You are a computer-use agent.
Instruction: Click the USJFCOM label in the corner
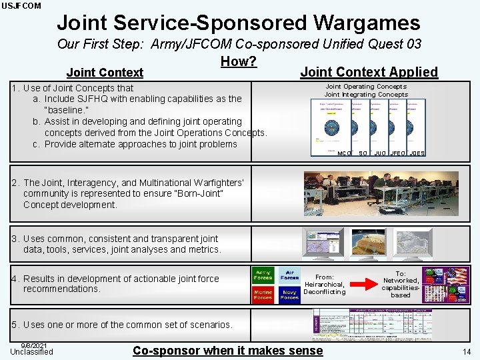coord(21,6)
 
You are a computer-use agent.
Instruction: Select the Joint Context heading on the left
coord(105,72)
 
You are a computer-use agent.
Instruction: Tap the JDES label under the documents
coord(417,153)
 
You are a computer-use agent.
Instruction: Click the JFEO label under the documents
coord(398,153)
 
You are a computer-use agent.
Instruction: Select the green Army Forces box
coord(263,275)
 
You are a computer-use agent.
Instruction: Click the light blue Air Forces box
coord(290,275)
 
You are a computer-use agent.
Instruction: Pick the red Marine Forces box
coord(263,294)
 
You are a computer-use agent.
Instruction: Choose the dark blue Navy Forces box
coord(290,294)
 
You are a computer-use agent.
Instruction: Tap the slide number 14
coord(466,351)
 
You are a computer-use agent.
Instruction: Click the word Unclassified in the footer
coord(31,352)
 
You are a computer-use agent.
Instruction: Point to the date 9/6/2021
coord(33,345)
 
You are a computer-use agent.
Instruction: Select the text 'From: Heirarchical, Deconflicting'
coord(325,285)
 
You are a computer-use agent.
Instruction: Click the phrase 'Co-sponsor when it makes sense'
coord(227,351)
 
